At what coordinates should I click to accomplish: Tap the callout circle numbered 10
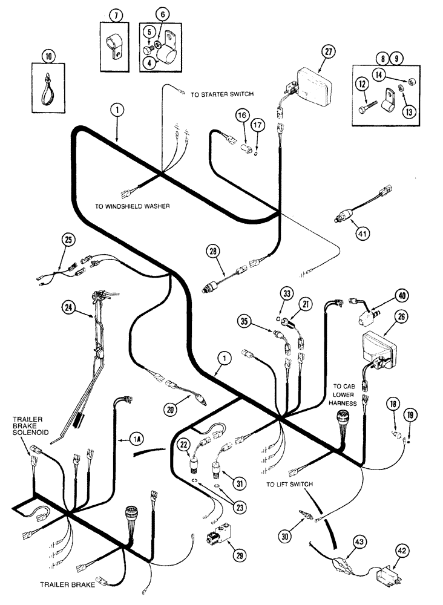click(x=48, y=56)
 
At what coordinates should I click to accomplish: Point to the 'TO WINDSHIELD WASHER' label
click(x=133, y=206)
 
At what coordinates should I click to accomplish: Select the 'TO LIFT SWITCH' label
click(x=289, y=485)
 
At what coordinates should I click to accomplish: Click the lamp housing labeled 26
click(x=378, y=349)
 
